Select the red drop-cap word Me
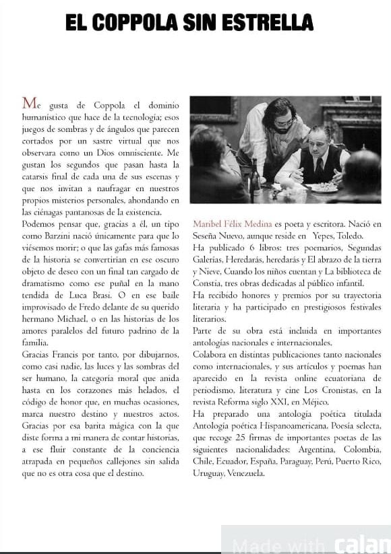coord(31,104)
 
